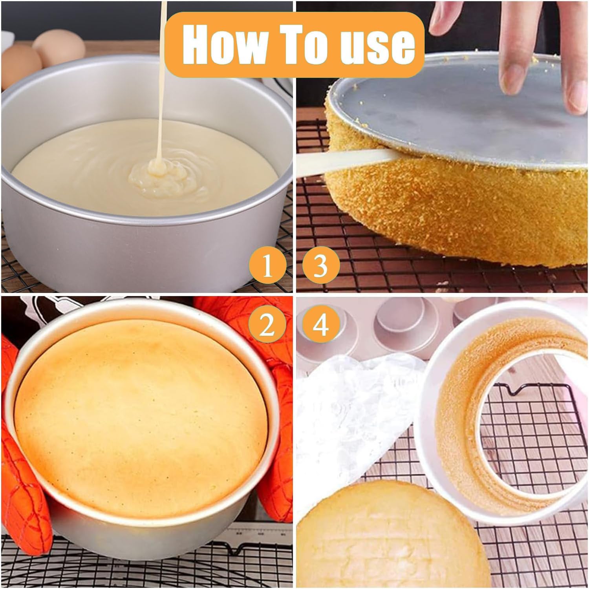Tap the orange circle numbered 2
267,326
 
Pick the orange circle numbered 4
321,326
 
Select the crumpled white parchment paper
359,416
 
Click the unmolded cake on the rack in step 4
393,536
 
